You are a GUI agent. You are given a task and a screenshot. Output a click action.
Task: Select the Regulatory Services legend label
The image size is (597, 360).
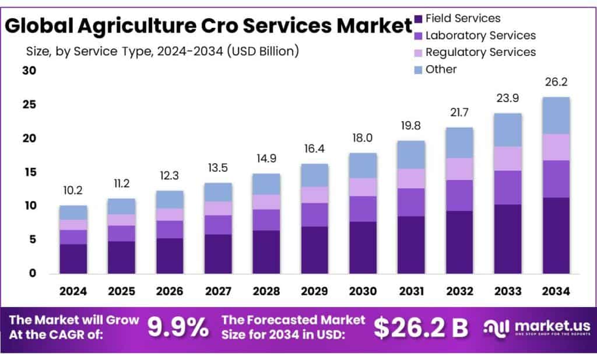tap(480, 52)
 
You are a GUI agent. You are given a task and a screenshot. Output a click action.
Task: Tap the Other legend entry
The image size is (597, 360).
tap(441, 69)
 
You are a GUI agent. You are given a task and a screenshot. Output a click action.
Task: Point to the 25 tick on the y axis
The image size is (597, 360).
tap(29, 105)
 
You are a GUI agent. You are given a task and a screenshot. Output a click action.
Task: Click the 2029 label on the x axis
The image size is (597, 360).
tap(314, 291)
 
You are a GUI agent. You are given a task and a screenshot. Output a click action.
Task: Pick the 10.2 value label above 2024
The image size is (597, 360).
tap(73, 190)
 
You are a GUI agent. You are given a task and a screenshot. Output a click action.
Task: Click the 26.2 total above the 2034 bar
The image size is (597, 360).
tap(556, 82)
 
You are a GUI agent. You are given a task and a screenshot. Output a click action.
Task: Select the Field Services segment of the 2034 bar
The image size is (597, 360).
tap(556, 235)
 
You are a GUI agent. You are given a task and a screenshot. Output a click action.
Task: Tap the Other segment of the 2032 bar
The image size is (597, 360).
tap(459, 143)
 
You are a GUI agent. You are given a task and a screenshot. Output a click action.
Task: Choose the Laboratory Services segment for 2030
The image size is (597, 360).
tap(363, 209)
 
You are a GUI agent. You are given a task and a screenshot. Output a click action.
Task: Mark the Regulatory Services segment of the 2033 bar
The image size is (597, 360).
tap(507, 158)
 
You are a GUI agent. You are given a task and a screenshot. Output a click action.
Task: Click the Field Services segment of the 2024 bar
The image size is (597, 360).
tap(73, 259)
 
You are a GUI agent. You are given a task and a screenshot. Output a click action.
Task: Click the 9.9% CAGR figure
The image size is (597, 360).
tap(177, 328)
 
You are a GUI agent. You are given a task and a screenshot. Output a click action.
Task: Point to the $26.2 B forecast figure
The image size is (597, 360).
tap(420, 328)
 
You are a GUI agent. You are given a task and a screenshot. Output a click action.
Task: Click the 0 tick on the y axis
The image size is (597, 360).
tap(33, 273)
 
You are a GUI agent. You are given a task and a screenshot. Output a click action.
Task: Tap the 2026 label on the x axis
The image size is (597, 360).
tap(170, 291)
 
